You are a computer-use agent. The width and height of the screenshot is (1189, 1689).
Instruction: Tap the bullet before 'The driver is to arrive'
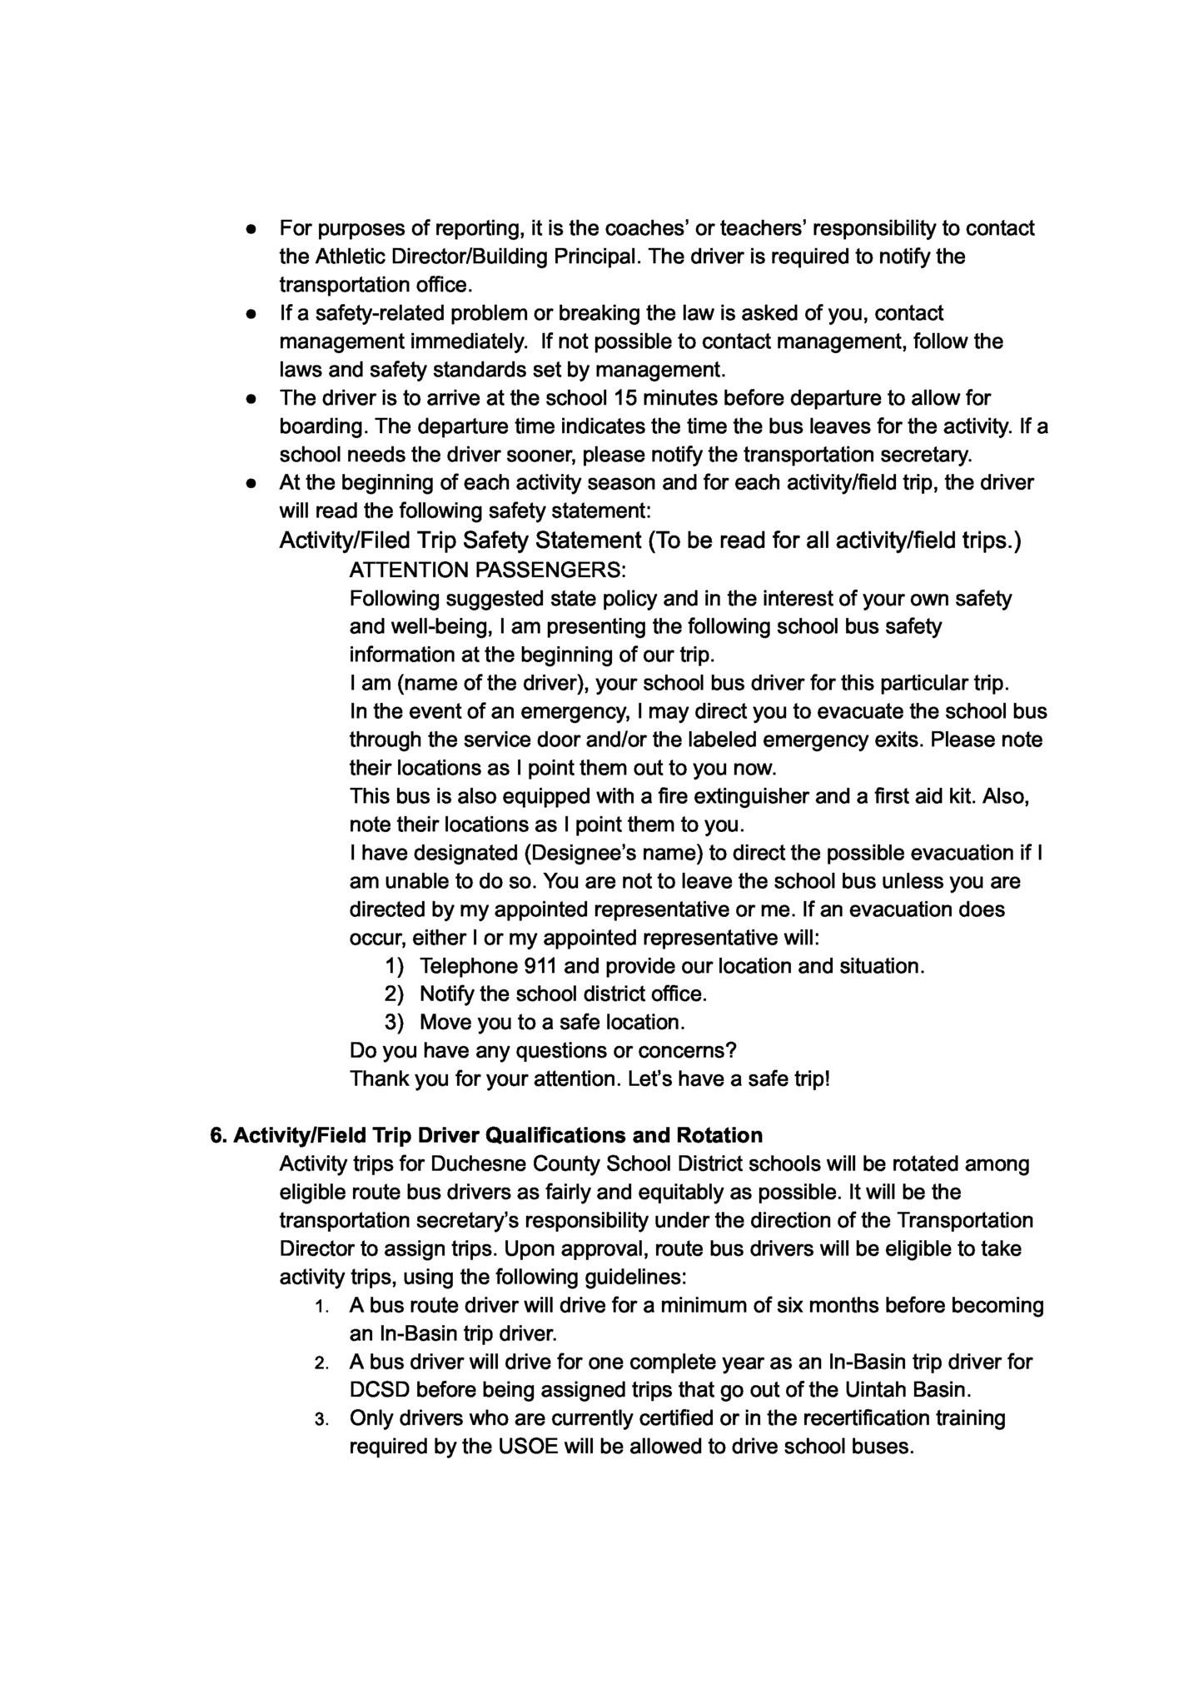250,399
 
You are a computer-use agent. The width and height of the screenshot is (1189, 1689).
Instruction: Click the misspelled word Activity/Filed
345,541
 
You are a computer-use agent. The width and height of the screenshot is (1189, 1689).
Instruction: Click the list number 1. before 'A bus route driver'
324,1307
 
